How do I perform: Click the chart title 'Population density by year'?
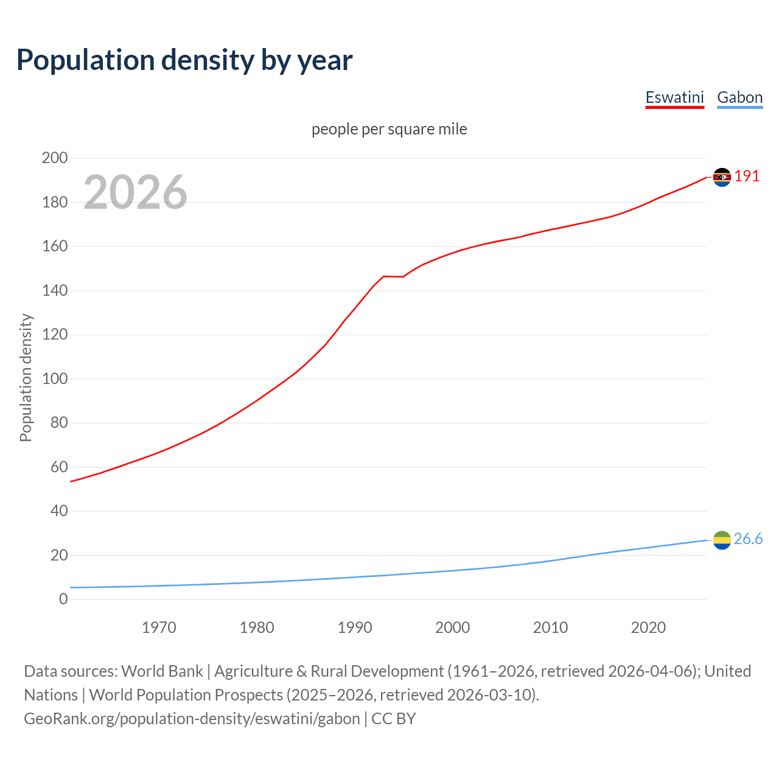[184, 60]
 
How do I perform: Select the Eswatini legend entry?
[674, 97]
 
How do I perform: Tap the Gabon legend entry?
[739, 97]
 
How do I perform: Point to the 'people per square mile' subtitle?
[389, 130]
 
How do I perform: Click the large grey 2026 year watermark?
[135, 192]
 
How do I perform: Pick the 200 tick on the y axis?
[54, 158]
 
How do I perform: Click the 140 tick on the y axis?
[54, 290]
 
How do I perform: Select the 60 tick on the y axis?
[58, 467]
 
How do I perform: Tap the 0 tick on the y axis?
[63, 599]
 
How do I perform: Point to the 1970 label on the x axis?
[159, 627]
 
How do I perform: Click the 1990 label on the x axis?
[355, 627]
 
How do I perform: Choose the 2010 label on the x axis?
[550, 627]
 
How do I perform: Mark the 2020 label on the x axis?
[648, 627]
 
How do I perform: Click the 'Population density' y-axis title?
[26, 377]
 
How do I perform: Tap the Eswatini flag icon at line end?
[722, 177]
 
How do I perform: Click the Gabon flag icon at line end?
[722, 540]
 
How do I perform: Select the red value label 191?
[747, 176]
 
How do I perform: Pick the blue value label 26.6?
[748, 539]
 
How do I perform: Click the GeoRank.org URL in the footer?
[192, 719]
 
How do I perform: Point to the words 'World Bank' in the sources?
[162, 671]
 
